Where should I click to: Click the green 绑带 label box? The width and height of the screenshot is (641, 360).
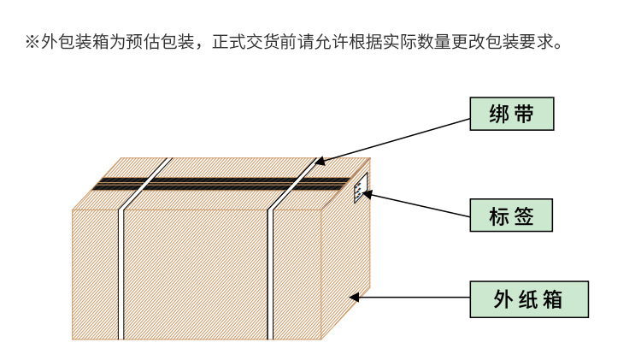pyautogui.click(x=512, y=115)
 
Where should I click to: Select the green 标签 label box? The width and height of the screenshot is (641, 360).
pyautogui.click(x=512, y=215)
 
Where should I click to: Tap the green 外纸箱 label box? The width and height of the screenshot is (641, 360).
pyautogui.click(x=529, y=299)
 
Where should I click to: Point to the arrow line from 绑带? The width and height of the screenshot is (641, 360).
pyautogui.click(x=393, y=138)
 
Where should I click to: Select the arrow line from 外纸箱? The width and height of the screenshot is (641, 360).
pyautogui.click(x=410, y=298)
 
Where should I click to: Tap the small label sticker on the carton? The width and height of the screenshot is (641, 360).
pyautogui.click(x=360, y=188)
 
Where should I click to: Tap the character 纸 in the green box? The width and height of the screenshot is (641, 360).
pyautogui.click(x=529, y=299)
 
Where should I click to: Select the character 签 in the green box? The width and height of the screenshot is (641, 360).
pyautogui.click(x=524, y=215)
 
